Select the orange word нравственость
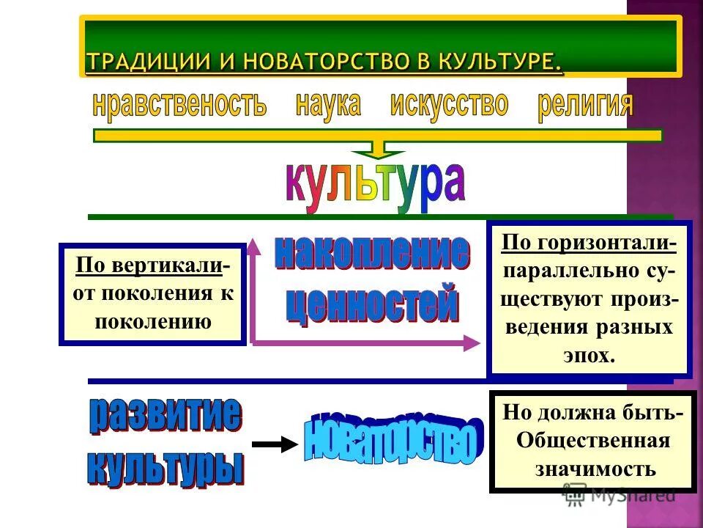pos(179,106)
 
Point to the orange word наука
pos(328,105)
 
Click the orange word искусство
pos(449,105)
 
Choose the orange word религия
pos(584,106)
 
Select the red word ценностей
pos(371,305)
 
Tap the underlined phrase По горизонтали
pos(588,243)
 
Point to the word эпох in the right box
pos(589,356)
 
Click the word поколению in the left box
pos(152,321)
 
